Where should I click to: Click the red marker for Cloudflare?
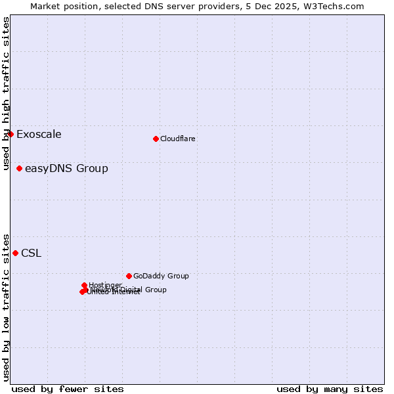(x=156, y=139)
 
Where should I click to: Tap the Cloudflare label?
(x=177, y=139)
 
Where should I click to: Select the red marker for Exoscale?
(x=11, y=134)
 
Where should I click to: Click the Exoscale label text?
(x=39, y=135)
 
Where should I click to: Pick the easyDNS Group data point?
(x=19, y=169)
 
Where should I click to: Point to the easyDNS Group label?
(x=66, y=169)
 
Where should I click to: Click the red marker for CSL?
(x=15, y=253)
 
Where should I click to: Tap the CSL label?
(x=31, y=253)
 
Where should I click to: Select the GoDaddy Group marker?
(x=129, y=276)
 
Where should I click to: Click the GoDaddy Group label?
(x=161, y=276)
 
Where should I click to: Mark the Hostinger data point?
(x=84, y=285)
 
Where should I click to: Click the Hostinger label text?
(x=105, y=285)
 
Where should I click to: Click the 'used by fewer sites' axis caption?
(x=68, y=389)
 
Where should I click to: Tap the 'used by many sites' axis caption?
(x=330, y=389)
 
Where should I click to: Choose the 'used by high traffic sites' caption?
(x=6, y=93)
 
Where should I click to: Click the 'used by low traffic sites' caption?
(x=6, y=307)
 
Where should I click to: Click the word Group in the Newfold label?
(x=154, y=290)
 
